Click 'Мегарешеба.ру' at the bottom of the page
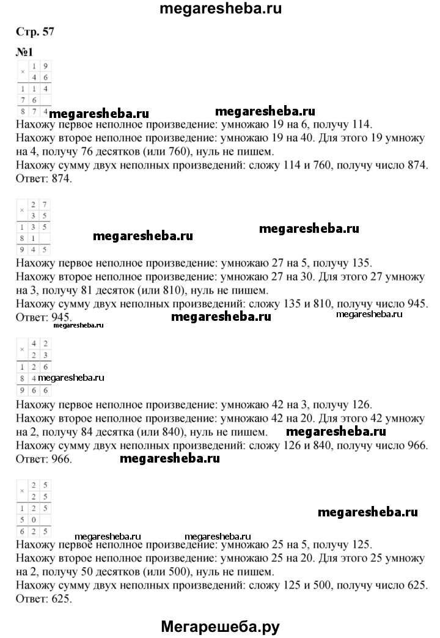221,625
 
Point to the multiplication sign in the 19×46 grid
23,72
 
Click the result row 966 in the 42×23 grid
34,389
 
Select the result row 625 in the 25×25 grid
34,531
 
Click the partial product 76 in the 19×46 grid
29,100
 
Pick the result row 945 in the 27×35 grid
34,249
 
